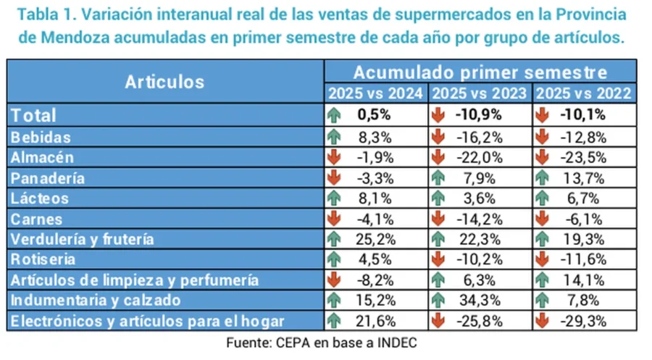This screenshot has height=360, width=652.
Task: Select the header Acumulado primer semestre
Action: tap(480, 72)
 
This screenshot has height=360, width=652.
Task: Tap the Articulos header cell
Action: tap(164, 82)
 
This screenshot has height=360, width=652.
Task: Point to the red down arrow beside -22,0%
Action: tap(438, 157)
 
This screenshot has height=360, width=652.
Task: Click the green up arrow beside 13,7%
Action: tap(541, 177)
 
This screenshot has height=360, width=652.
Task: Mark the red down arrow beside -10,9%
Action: tap(438, 114)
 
